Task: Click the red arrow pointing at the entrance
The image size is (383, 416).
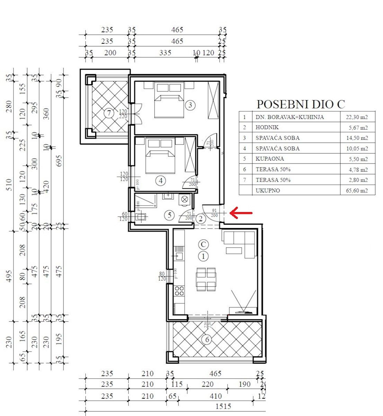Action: pos(241,213)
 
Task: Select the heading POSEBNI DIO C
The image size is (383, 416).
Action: pos(301,104)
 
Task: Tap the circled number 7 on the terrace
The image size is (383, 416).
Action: pos(109,113)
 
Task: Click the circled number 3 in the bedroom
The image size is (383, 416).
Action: pos(190,105)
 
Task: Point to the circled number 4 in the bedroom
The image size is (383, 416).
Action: pos(160,180)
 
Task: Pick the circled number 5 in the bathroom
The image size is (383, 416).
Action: pos(169,215)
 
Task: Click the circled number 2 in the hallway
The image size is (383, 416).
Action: pos(201,219)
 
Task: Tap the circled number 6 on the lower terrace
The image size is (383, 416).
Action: pos(207,339)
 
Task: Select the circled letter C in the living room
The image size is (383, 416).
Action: pos(203,244)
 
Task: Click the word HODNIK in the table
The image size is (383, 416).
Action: pos(267,128)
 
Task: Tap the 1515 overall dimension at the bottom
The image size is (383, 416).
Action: pos(223,406)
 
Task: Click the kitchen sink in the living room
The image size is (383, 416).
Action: pos(179,256)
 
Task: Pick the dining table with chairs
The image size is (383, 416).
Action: pos(206,279)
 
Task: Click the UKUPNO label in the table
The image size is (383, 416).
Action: pos(268,191)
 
